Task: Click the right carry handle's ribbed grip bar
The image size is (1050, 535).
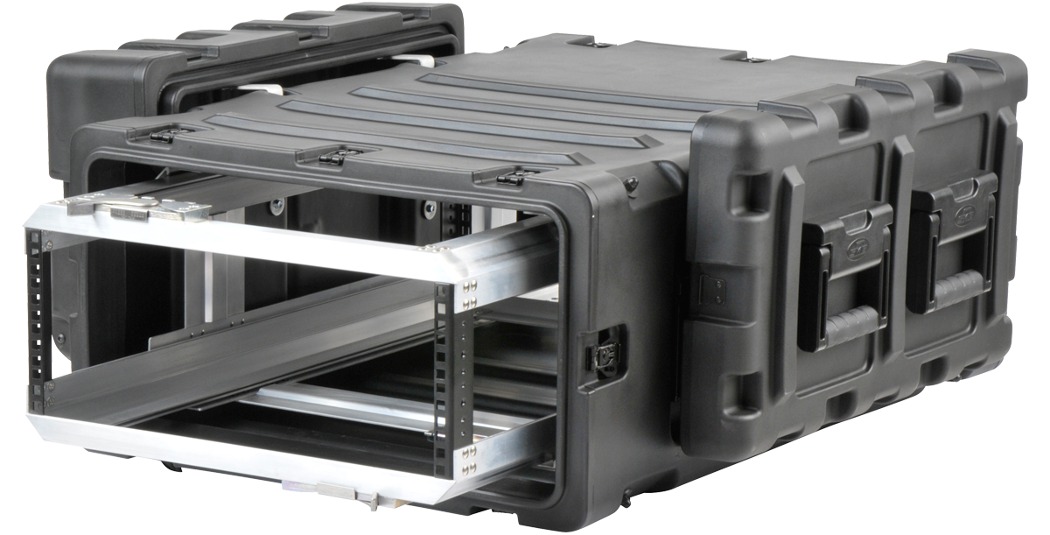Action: [x=954, y=288]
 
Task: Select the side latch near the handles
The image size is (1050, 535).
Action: [x=605, y=354]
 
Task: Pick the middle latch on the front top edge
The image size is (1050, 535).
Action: [x=330, y=157]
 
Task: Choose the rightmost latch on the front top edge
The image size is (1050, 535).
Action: [x=508, y=179]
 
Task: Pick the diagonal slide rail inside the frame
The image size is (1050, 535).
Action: [x=262, y=350]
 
